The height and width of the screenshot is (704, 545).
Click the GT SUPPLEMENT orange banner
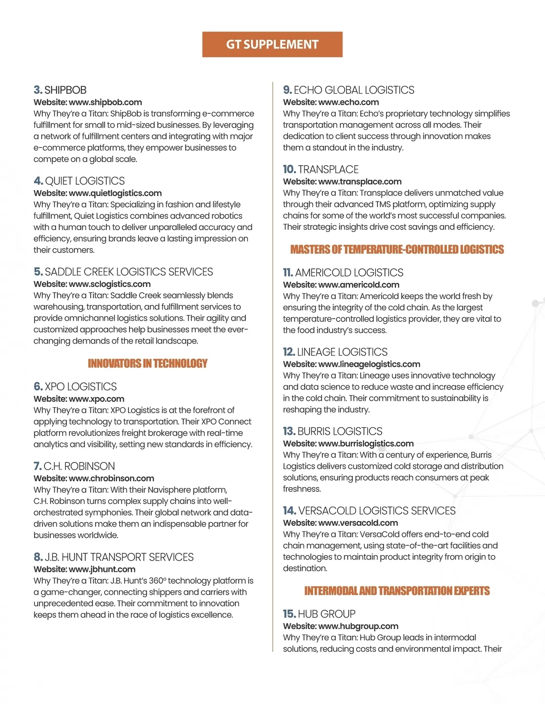[x=272, y=44]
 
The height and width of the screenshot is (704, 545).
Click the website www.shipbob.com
[x=105, y=102]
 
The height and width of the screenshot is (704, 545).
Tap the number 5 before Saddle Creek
[x=38, y=272]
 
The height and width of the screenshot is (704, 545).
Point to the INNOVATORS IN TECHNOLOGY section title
[x=148, y=364]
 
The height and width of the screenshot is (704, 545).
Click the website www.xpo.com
[x=96, y=399]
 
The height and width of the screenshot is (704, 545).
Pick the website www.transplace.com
[x=360, y=182]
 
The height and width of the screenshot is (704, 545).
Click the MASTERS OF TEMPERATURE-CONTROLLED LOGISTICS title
[x=397, y=250]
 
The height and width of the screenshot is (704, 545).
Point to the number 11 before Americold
[x=287, y=272]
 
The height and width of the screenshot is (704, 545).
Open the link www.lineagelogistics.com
[x=369, y=364]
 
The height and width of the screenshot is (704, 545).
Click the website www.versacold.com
[x=358, y=523]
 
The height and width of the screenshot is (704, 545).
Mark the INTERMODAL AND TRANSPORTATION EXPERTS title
[x=397, y=591]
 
